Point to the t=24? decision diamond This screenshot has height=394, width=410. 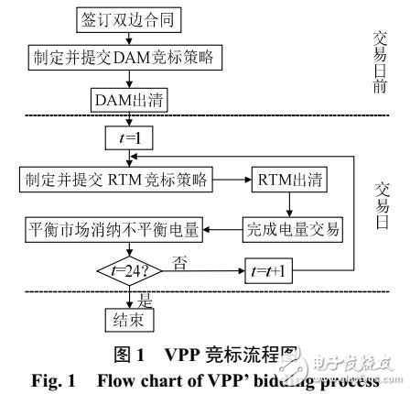pos(124,271)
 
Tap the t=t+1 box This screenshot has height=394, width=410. pos(272,271)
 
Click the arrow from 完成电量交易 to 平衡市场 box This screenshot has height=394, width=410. pos(227,225)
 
